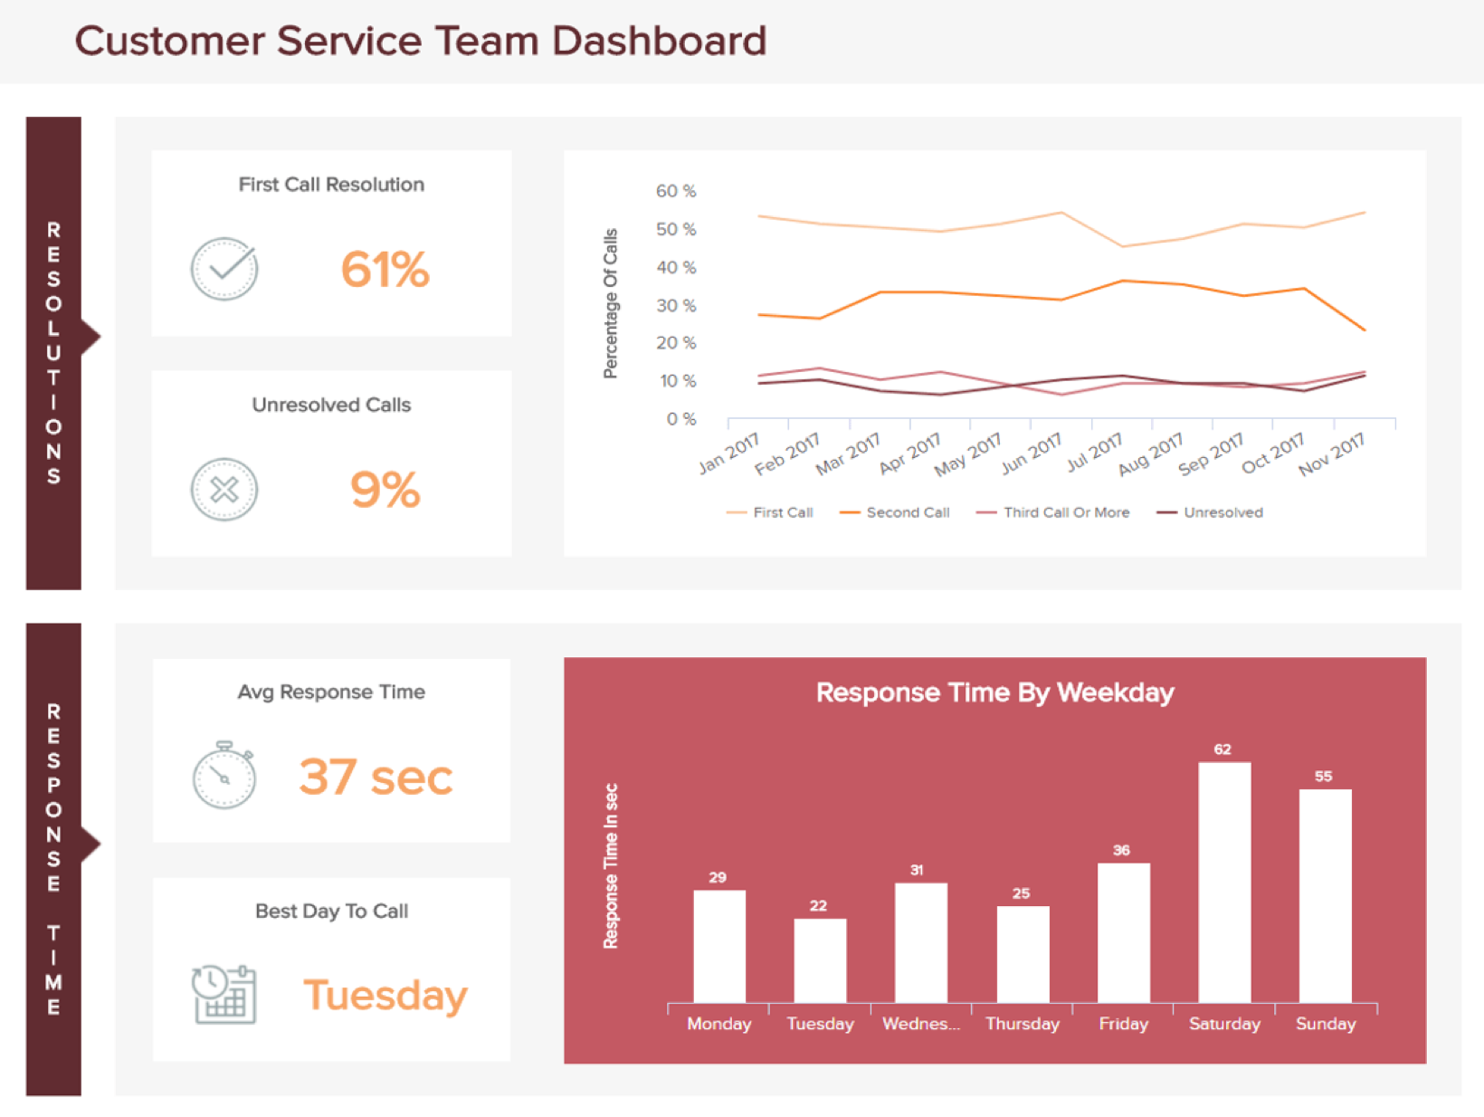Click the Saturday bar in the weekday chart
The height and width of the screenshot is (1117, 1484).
point(1224,883)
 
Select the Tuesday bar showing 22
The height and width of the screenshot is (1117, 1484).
point(820,960)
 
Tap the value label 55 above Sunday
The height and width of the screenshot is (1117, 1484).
point(1323,777)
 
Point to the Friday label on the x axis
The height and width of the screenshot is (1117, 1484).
point(1123,1024)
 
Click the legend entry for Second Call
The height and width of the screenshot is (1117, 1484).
point(907,512)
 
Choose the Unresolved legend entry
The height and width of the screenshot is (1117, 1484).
point(1222,512)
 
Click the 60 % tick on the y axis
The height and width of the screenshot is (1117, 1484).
point(676,191)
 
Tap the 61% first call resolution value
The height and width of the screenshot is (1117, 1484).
point(385,270)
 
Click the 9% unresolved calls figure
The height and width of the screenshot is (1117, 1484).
point(385,490)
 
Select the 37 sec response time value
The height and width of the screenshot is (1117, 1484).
point(376,777)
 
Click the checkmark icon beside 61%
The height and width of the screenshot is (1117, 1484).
point(224,269)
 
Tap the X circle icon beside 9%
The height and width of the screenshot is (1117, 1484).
point(224,490)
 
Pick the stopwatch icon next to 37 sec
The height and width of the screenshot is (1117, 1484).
point(224,776)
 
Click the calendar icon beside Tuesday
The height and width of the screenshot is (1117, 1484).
point(224,995)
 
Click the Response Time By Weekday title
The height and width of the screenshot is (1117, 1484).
point(994,692)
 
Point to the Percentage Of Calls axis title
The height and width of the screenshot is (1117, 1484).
point(611,303)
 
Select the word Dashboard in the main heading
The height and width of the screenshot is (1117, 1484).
point(659,42)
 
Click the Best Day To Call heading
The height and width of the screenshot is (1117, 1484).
point(331,912)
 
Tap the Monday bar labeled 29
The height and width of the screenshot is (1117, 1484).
point(719,947)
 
